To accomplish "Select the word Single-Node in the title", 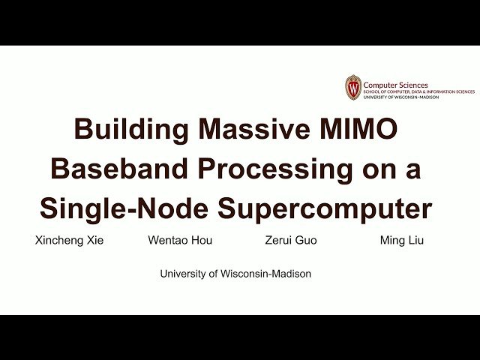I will pyautogui.click(x=124, y=208).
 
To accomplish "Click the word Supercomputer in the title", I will pyautogui.click(x=325, y=208).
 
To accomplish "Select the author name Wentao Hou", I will pyautogui.click(x=179, y=241).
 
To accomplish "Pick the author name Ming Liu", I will pyautogui.click(x=402, y=241).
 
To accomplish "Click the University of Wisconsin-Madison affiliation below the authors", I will pyautogui.click(x=235, y=274).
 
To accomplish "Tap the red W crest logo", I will pyautogui.click(x=353, y=88).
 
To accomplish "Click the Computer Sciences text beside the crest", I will pyautogui.click(x=396, y=85).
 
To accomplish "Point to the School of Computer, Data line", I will pyautogui.click(x=418, y=91).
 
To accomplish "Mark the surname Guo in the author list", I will pyautogui.click(x=308, y=241).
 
